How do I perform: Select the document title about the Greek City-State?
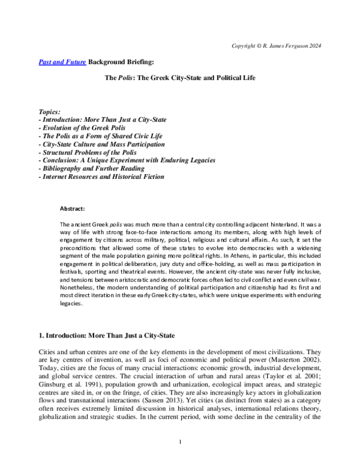click(180, 78)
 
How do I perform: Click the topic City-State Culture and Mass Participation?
click(101, 145)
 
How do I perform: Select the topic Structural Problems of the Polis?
click(88, 153)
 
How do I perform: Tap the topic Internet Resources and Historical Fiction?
click(101, 177)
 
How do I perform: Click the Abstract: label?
click(72, 209)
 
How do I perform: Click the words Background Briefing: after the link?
click(122, 62)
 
